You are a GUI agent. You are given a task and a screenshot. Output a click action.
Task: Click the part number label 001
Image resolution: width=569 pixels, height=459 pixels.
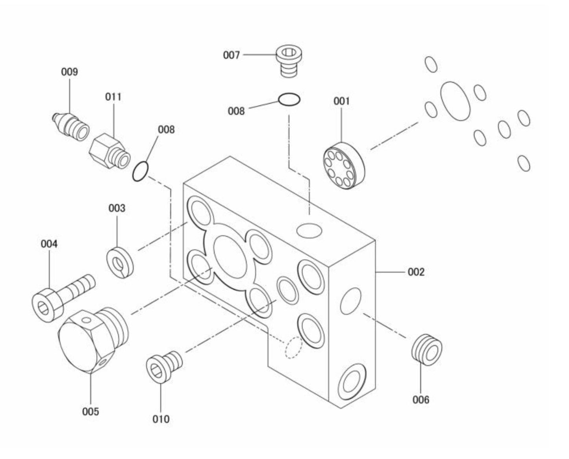pyautogui.click(x=341, y=101)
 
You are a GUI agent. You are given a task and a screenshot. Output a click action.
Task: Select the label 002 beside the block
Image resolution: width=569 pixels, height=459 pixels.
pyautogui.click(x=416, y=272)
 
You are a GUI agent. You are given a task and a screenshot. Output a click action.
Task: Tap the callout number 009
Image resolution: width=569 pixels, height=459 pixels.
pyautogui.click(x=69, y=72)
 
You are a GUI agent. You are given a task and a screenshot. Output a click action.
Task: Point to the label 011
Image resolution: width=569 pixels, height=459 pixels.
pyautogui.click(x=113, y=97)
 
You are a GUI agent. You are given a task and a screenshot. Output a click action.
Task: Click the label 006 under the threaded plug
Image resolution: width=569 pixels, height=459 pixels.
pyautogui.click(x=421, y=400)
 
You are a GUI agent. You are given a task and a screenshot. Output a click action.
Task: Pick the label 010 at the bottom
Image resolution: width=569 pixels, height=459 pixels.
pyautogui.click(x=161, y=419)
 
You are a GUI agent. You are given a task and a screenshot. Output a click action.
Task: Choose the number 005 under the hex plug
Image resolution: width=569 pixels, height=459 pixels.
pyautogui.click(x=91, y=412)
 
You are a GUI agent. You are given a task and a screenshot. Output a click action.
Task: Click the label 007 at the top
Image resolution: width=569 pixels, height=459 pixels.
pyautogui.click(x=231, y=55)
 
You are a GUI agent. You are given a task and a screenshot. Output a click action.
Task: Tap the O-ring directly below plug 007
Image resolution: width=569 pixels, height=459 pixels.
pyautogui.click(x=289, y=100)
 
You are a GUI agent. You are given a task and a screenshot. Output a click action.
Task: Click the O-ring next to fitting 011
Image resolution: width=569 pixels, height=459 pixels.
pyautogui.click(x=140, y=171)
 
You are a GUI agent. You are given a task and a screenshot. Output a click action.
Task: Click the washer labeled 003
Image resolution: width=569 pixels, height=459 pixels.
pyautogui.click(x=120, y=262)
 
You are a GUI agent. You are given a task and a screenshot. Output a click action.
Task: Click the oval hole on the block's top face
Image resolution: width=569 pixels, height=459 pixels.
pyautogui.click(x=310, y=230)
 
